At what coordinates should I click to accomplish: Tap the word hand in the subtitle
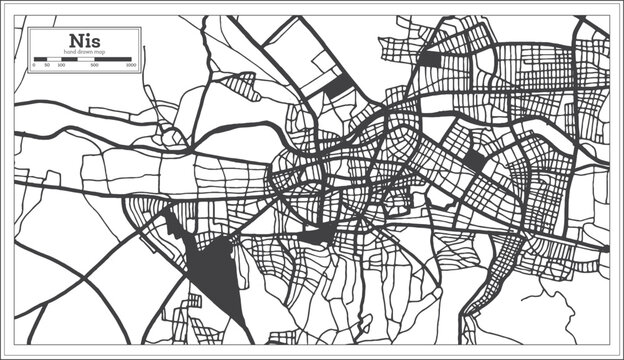tap(70, 51)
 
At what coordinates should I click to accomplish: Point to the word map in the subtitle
tap(99, 51)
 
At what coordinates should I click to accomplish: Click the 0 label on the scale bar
tap(34, 65)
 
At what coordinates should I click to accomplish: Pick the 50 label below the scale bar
tap(47, 65)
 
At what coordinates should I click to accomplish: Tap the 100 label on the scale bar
tap(59, 65)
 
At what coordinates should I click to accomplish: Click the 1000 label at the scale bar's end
tap(130, 65)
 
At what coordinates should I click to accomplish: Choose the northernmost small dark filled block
tap(429, 59)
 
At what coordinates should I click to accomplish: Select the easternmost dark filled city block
tap(474, 160)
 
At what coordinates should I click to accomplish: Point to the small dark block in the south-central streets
tap(318, 234)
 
